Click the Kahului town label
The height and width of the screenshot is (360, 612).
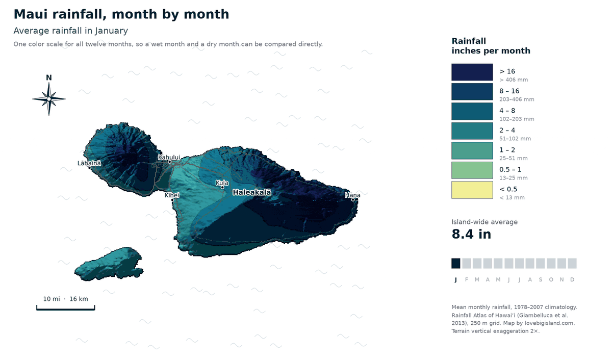coord(169,158)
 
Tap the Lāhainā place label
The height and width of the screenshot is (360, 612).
coord(89,163)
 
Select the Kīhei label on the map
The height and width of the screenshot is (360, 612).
coord(172,195)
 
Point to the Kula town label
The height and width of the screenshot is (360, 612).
coord(222,183)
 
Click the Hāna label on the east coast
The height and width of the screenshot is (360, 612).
coord(352,195)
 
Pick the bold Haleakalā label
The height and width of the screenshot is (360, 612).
coord(252,192)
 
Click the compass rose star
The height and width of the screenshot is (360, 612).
coord(49,99)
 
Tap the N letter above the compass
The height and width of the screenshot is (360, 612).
coord(49,78)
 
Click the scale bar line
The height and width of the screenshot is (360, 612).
coord(66,309)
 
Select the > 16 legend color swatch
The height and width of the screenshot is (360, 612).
coord(472,72)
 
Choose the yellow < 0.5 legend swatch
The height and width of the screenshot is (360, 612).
coord(472,190)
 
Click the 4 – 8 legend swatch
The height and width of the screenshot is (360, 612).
coord(472,112)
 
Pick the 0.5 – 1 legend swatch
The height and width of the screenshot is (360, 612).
coord(472,170)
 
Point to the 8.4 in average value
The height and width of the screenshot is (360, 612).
coord(471,234)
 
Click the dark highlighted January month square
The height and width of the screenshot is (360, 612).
coord(456,263)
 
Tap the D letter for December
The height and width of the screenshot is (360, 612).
coord(572,279)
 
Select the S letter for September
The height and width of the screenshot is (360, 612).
coord(541,279)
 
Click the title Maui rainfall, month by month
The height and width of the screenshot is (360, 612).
coord(121,14)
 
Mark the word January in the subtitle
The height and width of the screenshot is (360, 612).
coord(111,31)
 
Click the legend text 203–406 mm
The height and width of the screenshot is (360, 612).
coord(517,99)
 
